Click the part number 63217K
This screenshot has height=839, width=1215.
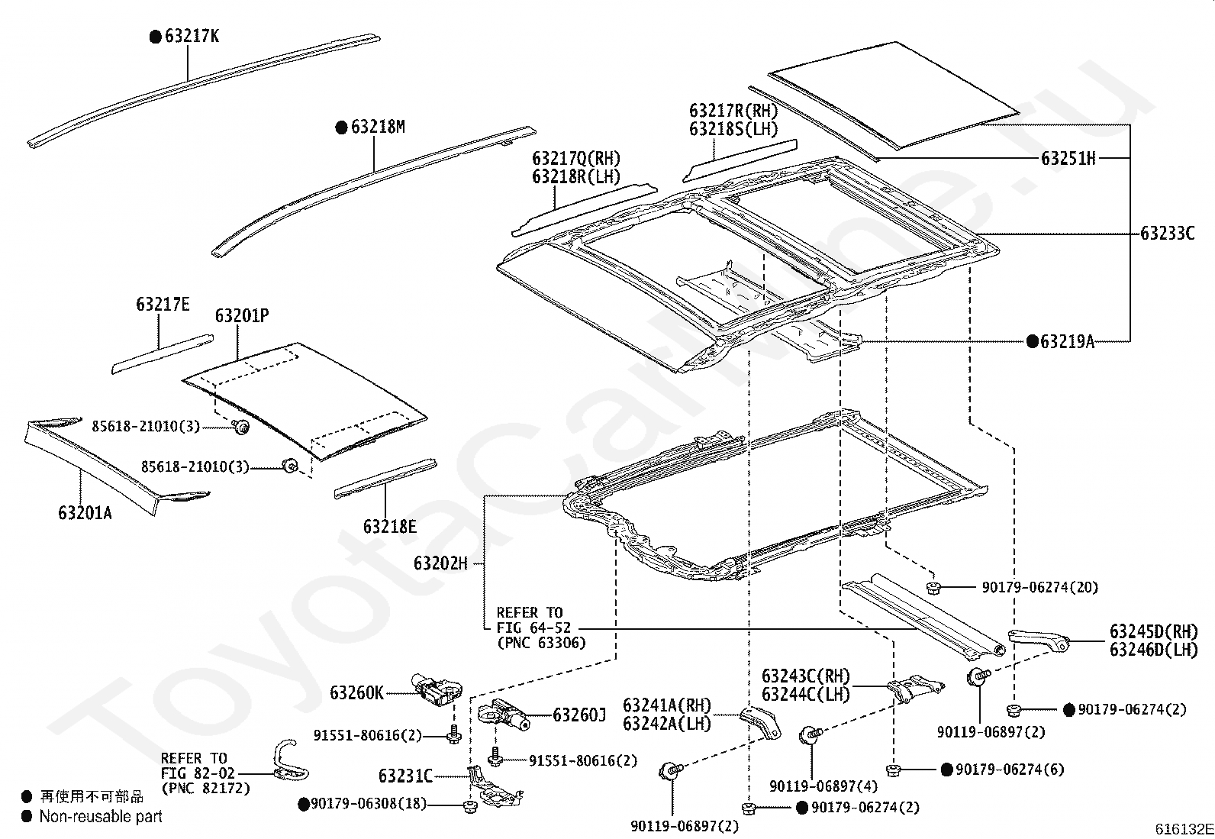192,37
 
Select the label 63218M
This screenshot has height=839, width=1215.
378,127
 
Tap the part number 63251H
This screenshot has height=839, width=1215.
1068,159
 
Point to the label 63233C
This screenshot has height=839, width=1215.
1167,234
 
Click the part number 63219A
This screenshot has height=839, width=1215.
1068,341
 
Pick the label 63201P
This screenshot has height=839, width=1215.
242,315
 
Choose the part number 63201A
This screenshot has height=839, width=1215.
85,512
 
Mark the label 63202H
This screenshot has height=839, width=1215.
440,563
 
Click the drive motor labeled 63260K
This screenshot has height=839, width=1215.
437,690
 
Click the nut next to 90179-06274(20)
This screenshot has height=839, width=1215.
933,587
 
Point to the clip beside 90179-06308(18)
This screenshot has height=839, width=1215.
469,806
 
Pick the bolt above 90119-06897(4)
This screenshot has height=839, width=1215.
810,735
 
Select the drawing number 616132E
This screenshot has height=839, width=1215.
1184,829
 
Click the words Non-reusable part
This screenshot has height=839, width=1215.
101,816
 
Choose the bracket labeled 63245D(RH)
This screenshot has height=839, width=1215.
1038,641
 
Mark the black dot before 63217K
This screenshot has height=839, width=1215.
156,37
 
